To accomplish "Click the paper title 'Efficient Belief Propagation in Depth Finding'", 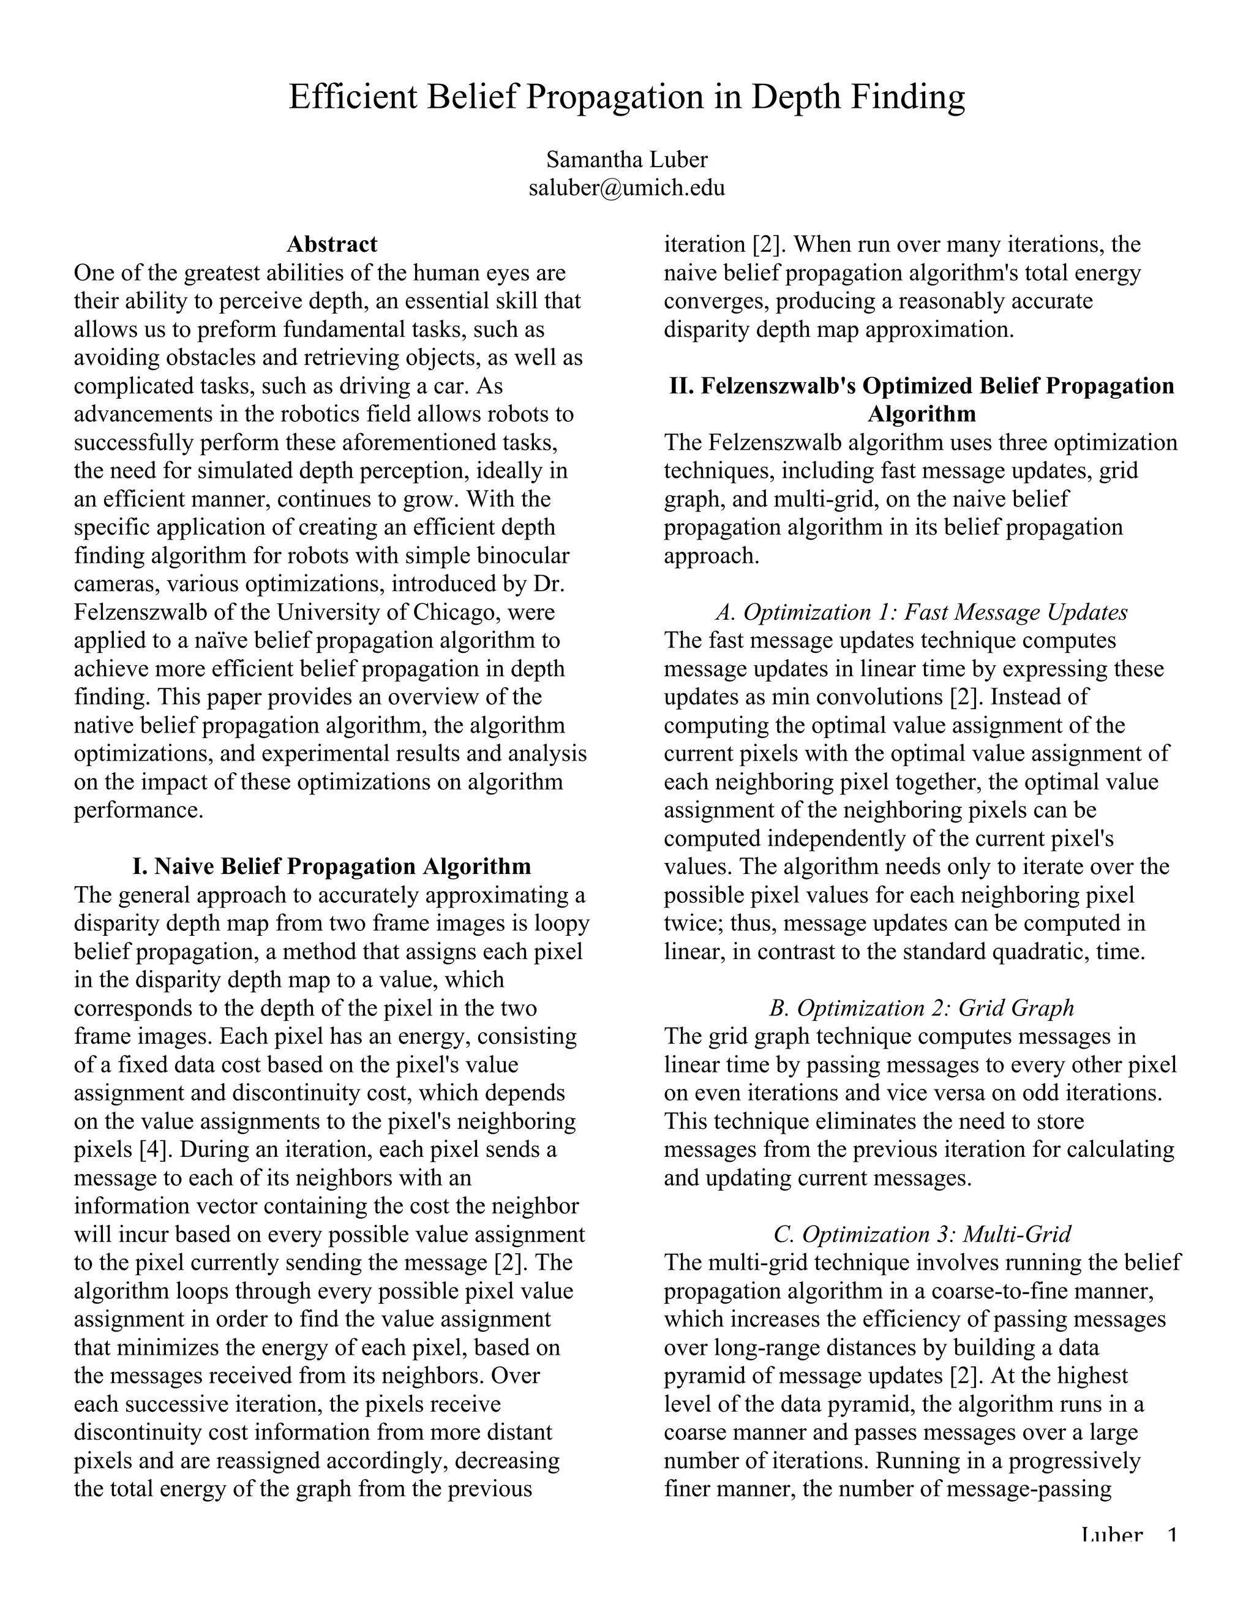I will tap(626, 97).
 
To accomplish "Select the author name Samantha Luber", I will tap(626, 159).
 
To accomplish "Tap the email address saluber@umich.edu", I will tap(626, 187).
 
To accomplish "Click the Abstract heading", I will tap(331, 244).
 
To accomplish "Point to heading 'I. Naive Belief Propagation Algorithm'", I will tap(331, 866).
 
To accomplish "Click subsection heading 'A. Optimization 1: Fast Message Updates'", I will tap(921, 612).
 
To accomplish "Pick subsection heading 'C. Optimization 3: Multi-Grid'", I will tap(921, 1234).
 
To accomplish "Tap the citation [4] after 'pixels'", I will tap(156, 1149).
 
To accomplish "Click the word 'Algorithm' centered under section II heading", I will tap(921, 413).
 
